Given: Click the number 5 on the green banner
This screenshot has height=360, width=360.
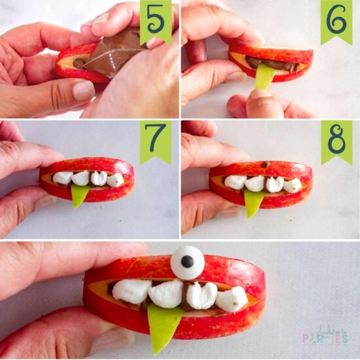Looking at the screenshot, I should (x=155, y=19).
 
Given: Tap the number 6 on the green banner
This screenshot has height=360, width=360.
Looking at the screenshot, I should (x=336, y=19).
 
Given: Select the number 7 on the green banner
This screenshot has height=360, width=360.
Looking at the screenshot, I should (x=155, y=139).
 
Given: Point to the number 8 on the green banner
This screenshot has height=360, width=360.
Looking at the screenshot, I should (x=336, y=139).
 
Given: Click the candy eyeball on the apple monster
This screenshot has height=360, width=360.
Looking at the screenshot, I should (x=187, y=261).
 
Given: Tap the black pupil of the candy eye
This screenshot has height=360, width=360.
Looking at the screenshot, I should (x=187, y=262).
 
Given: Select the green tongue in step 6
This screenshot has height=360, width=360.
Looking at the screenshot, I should (x=265, y=76).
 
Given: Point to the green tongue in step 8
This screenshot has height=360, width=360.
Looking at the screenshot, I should (x=254, y=202).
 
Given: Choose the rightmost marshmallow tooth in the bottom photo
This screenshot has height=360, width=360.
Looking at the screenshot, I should (x=232, y=298).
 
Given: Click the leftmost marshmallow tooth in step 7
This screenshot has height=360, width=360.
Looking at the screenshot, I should (x=63, y=177).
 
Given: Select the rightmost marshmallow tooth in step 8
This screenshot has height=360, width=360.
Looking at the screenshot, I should (x=292, y=185).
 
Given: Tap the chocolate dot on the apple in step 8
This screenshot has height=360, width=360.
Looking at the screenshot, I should (x=266, y=164).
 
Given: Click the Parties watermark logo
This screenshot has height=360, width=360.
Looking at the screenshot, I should (x=325, y=335).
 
